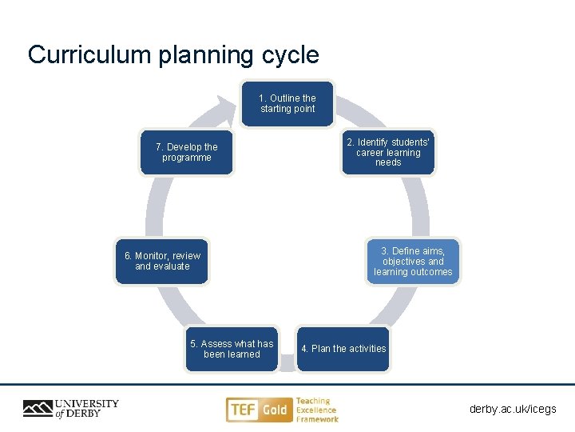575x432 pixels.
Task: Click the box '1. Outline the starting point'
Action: (287, 104)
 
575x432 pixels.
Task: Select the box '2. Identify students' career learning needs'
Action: (388, 152)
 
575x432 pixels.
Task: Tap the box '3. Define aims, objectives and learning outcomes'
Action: (413, 262)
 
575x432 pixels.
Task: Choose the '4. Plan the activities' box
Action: (343, 349)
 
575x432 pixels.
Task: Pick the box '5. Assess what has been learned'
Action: (232, 349)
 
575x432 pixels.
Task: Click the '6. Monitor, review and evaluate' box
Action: (162, 261)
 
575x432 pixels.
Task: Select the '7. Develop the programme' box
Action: (187, 152)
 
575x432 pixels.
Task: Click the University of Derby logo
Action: (70, 408)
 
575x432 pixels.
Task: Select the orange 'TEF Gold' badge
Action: (257, 410)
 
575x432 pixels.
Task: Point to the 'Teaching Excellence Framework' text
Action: (317, 410)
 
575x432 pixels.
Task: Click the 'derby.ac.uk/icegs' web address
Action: (513, 410)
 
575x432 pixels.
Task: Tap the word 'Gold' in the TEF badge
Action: (274, 410)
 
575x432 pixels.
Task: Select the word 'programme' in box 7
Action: (187, 158)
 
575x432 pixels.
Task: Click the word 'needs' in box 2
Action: (388, 163)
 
